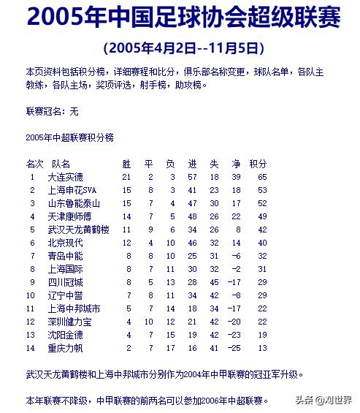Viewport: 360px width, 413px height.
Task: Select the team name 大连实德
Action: pos(65,177)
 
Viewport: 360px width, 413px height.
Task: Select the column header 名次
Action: pos(34,164)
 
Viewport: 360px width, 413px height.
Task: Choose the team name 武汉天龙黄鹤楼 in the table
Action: pos(78,230)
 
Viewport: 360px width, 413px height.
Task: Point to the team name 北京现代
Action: pos(65,243)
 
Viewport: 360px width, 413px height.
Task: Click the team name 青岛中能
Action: pos(65,256)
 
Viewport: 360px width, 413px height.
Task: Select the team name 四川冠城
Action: pos(65,282)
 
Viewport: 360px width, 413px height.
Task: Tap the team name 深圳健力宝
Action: pos(69,322)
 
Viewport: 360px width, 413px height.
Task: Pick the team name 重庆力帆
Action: pos(65,348)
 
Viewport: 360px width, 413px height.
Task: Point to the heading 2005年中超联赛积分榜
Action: pos(69,137)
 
